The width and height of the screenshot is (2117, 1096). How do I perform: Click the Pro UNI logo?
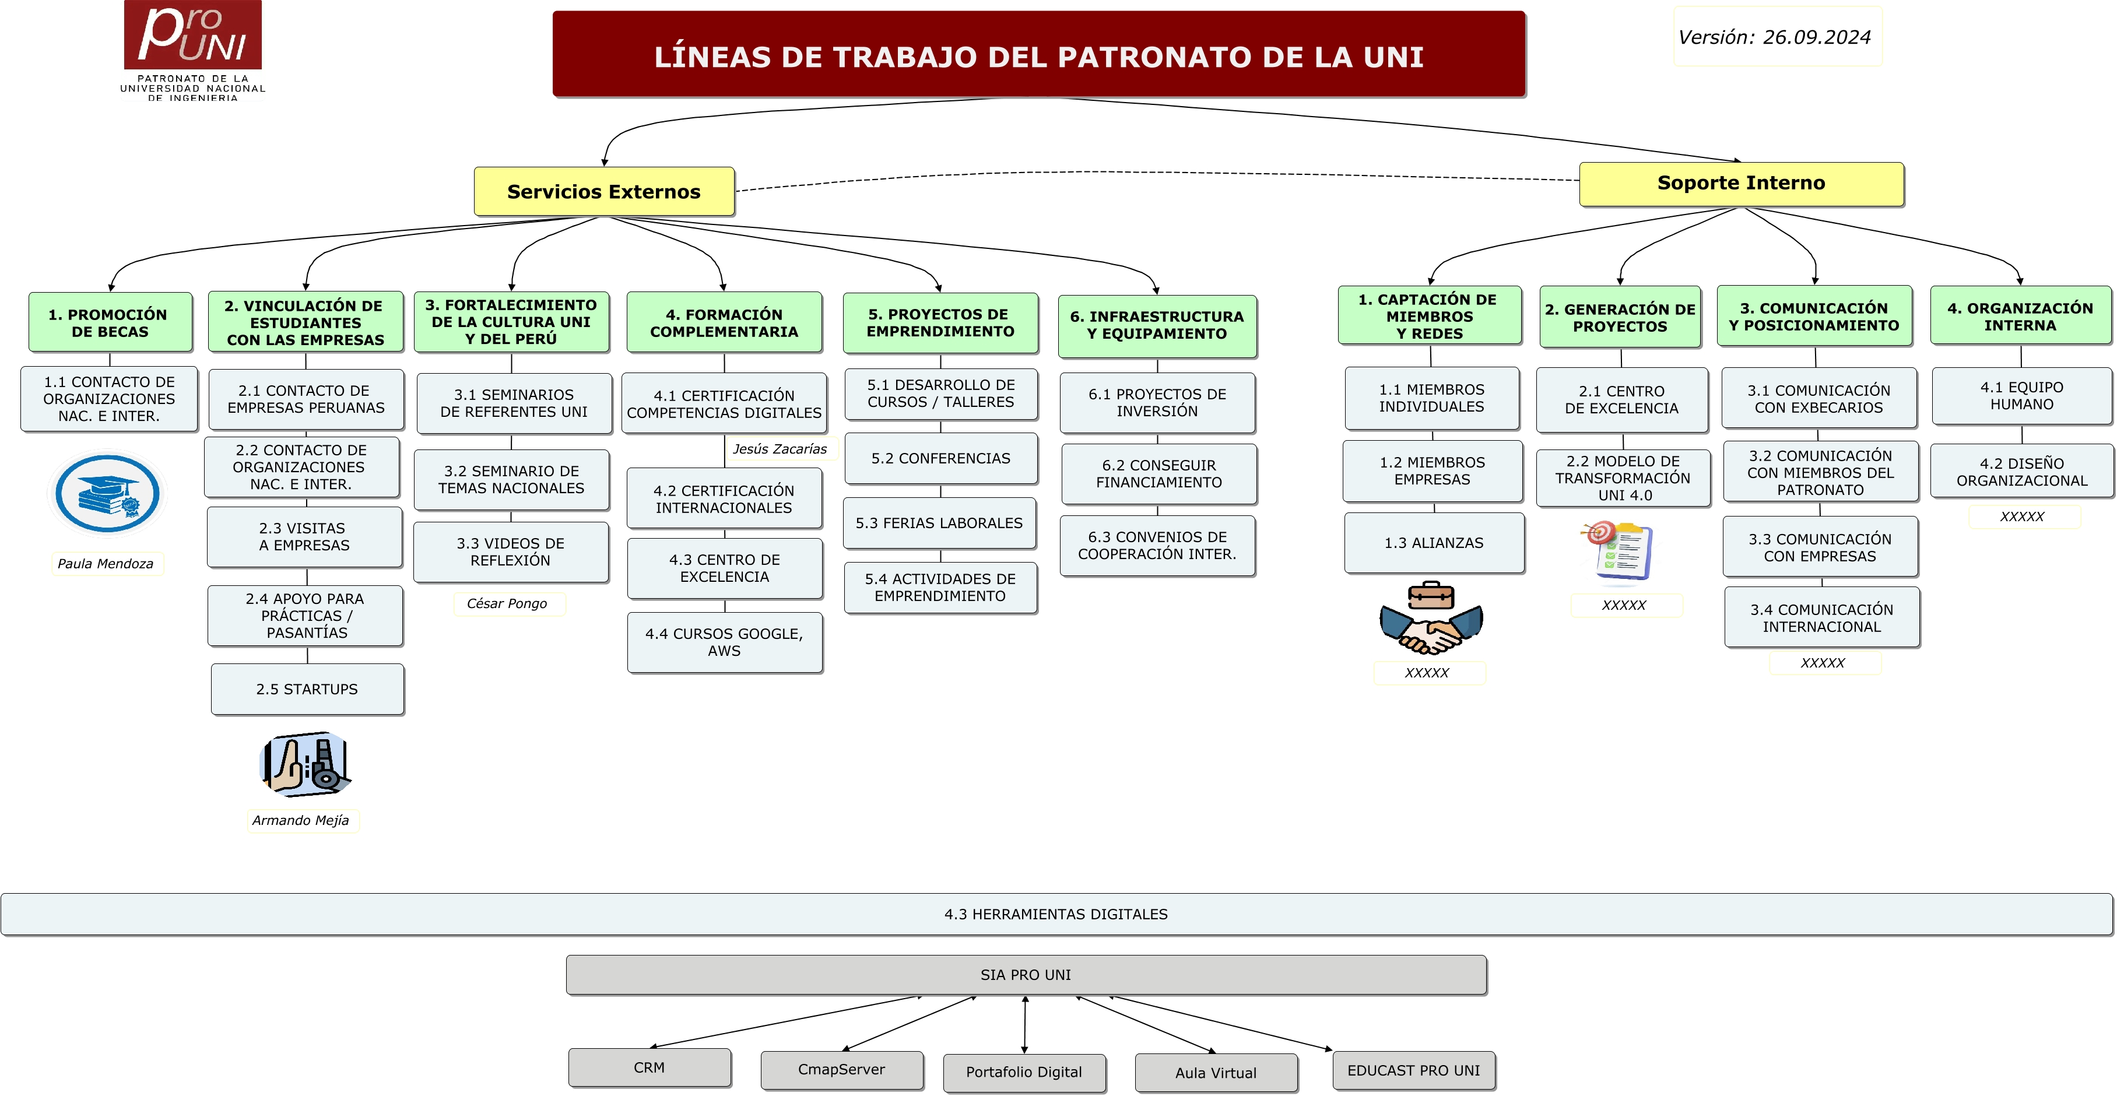click(192, 50)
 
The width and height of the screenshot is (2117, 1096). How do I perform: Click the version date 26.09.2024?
click(1775, 37)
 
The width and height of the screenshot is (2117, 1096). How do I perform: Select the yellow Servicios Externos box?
click(604, 191)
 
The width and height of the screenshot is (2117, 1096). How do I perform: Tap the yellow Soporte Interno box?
click(1740, 183)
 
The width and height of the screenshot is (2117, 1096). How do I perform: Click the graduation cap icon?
click(107, 494)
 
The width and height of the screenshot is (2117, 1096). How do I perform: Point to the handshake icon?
click(1431, 619)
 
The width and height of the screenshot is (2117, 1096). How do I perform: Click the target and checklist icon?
click(1618, 550)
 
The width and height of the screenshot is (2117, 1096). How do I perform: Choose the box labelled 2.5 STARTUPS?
click(307, 689)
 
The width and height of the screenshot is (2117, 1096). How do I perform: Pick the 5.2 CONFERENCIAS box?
click(941, 458)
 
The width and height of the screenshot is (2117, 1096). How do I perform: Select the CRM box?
click(650, 1067)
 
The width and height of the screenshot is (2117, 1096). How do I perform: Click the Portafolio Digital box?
click(1024, 1072)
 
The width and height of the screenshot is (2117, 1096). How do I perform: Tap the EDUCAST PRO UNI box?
click(1413, 1070)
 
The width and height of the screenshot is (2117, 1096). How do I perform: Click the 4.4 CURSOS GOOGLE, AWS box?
click(724, 642)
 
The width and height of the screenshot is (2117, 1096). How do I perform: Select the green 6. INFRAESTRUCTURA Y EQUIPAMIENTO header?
click(1157, 325)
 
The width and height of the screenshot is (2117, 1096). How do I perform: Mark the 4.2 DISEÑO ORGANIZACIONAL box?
click(2021, 472)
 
